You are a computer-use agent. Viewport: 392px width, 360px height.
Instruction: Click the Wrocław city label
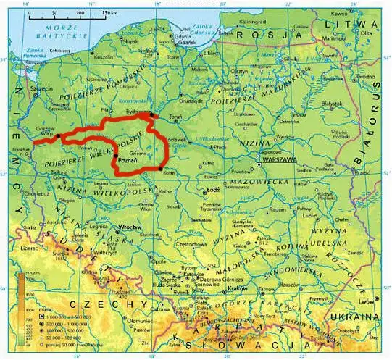(130, 227)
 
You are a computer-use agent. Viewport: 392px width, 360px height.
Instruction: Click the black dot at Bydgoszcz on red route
(151, 114)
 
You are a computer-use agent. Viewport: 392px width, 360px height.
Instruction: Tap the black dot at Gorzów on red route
(57, 135)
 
